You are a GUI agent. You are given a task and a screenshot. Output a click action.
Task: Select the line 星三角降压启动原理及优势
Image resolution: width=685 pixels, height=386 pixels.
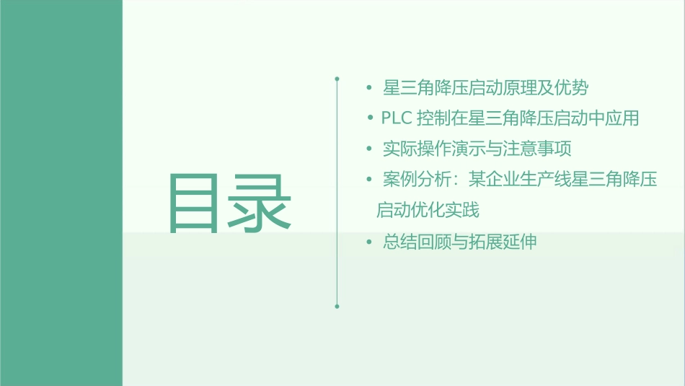486,88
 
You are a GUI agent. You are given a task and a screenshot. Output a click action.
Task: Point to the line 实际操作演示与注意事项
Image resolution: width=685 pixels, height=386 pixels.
477,149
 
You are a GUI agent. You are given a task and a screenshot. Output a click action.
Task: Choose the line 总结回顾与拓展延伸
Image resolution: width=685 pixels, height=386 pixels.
460,242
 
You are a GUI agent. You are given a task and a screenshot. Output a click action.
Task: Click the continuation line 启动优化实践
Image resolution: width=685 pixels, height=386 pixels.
428,211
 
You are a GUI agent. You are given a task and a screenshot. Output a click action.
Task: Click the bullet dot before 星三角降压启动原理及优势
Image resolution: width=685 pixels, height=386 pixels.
369,89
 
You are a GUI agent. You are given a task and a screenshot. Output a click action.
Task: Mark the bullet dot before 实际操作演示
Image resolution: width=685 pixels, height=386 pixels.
369,149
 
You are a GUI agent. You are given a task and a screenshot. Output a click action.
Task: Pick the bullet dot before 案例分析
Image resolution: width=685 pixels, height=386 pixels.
369,180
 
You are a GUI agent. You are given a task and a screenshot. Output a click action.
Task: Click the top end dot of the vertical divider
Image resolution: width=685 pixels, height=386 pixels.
337,76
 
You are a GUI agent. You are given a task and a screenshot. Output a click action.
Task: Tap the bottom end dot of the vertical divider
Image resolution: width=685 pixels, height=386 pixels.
337,306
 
